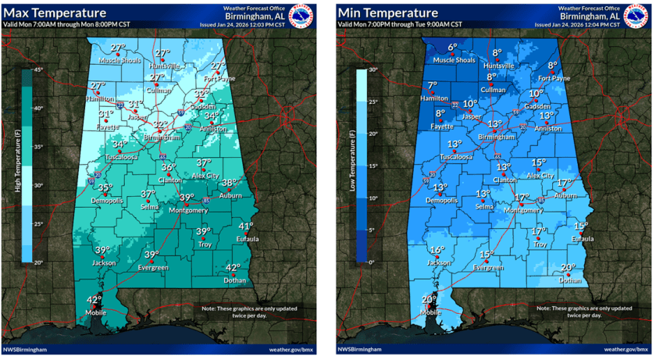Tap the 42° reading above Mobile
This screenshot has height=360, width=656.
(x=94, y=300)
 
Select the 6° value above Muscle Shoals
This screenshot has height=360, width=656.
(x=452, y=48)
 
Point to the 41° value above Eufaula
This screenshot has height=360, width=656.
(x=245, y=226)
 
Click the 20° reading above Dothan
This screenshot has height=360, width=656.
(x=568, y=267)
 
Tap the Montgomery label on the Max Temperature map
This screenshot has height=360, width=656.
(x=186, y=210)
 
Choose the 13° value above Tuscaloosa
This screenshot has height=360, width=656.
(x=455, y=144)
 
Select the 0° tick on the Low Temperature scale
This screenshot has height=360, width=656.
(x=372, y=262)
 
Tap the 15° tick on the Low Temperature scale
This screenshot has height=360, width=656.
(x=373, y=166)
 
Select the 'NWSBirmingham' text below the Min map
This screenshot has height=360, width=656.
(x=360, y=349)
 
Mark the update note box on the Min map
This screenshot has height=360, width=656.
(x=568, y=312)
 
